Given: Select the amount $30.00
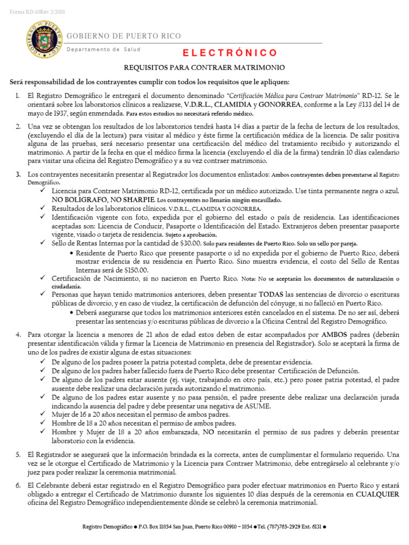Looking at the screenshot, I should pos(190,243).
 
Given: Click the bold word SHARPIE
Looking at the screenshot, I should pos(124,200).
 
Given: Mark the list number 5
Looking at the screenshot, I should pos(18,455).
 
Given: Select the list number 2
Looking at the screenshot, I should pos(18,126).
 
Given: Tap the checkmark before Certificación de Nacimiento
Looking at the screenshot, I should pos(44,278).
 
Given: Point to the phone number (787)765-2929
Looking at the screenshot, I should pos(277,527).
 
